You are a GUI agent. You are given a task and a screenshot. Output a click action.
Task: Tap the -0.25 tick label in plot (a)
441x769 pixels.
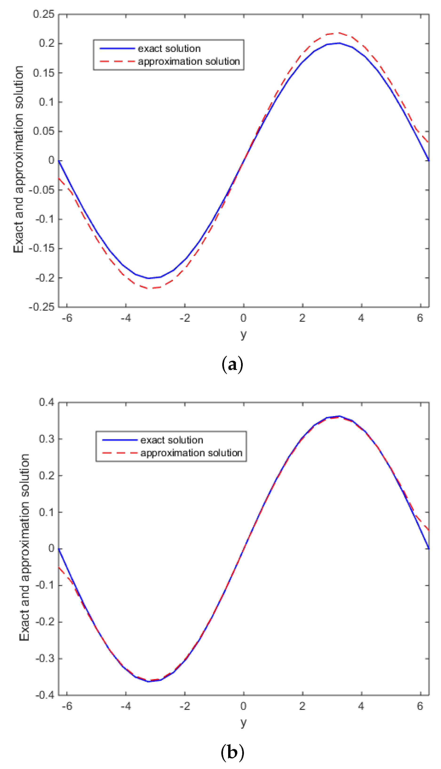coord(42,307)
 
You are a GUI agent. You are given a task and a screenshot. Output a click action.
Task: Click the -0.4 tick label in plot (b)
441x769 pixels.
coord(45,695)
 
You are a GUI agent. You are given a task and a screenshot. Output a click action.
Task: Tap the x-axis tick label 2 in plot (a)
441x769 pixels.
coord(302,318)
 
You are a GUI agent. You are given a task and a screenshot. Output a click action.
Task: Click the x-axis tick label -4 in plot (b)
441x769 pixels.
coord(125,706)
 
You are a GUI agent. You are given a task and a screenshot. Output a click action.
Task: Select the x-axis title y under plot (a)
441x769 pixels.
coord(243,335)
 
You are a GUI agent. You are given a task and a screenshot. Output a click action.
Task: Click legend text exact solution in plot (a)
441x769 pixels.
coord(169,48)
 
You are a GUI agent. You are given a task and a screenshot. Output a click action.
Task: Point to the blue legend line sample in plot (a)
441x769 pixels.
coord(117,48)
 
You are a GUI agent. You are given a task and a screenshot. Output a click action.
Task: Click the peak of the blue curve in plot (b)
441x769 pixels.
coord(339,416)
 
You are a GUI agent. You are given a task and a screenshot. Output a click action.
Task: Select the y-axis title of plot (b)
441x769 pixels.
coord(24,549)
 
